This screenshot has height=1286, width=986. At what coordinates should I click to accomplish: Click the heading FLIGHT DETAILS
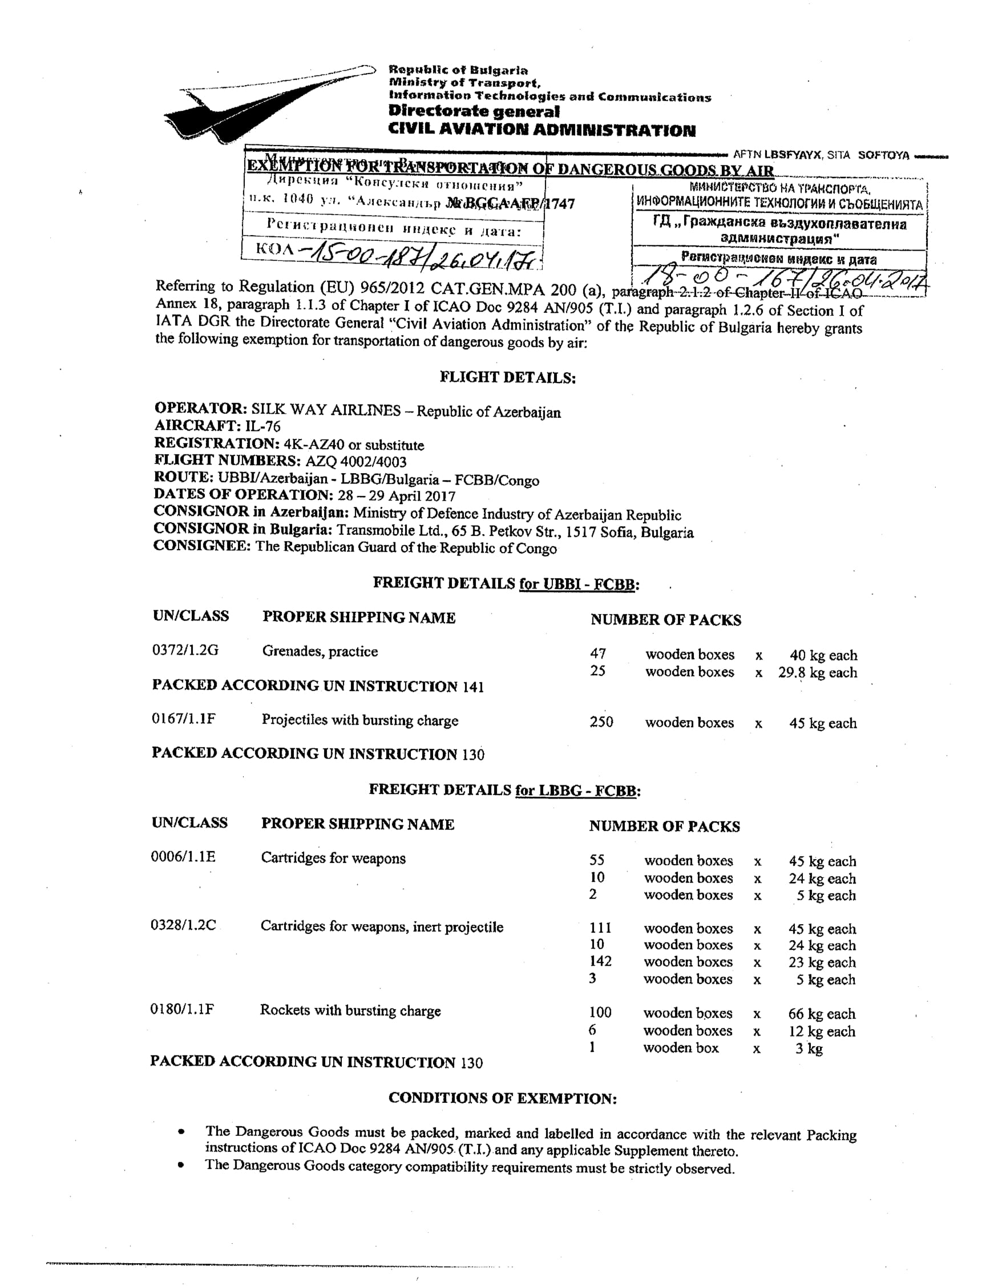(x=508, y=377)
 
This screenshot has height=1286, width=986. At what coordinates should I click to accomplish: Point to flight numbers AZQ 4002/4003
(x=355, y=461)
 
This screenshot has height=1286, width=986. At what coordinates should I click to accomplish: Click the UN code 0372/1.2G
(x=185, y=650)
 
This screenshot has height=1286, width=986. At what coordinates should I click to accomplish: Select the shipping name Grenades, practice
(x=320, y=651)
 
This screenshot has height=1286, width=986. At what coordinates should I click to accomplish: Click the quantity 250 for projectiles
(x=601, y=722)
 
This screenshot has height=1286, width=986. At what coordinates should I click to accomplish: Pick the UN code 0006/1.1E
(x=183, y=857)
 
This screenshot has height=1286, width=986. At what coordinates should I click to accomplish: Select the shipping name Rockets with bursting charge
(x=350, y=1010)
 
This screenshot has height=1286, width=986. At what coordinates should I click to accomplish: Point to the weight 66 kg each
(x=821, y=1014)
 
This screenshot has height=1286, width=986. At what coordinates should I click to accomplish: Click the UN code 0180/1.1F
(x=182, y=1010)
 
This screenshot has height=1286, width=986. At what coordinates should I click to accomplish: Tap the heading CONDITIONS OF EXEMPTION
(x=502, y=1098)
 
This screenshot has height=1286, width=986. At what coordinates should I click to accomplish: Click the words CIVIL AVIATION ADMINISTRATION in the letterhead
(x=542, y=130)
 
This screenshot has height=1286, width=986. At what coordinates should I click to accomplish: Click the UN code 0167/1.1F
(x=183, y=719)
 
